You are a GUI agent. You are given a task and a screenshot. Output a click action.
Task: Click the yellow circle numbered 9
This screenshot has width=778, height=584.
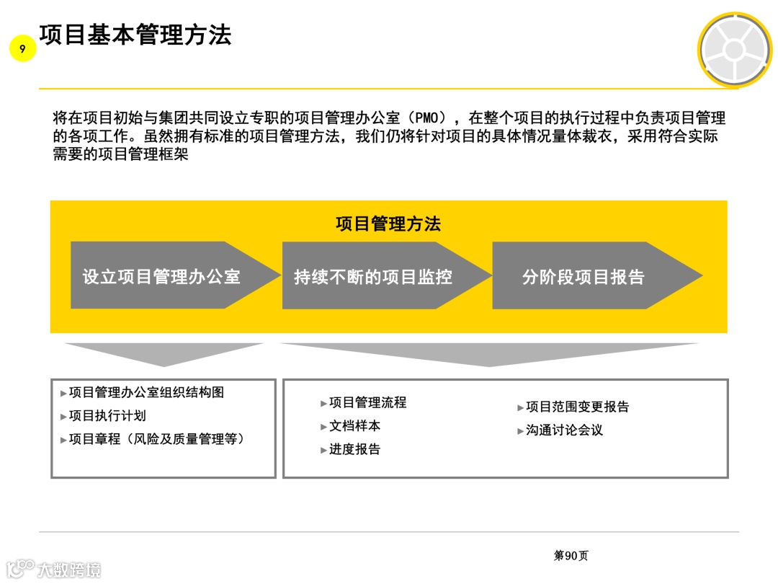(22, 49)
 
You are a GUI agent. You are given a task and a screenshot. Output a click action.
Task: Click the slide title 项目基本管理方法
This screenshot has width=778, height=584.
(135, 34)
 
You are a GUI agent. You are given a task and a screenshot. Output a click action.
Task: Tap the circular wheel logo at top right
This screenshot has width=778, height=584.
(733, 50)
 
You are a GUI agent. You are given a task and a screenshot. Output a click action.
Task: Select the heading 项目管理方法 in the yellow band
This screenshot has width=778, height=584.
(388, 224)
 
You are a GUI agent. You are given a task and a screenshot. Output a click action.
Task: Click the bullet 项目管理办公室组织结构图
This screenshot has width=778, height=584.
(146, 392)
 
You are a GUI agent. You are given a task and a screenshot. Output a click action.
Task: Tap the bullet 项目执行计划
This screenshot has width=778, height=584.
(107, 415)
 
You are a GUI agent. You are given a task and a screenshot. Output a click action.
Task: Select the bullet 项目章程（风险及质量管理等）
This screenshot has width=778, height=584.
(156, 438)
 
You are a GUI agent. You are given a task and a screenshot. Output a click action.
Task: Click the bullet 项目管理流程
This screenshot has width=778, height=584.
(367, 402)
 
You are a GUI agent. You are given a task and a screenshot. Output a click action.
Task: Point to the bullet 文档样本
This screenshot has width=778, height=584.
(354, 426)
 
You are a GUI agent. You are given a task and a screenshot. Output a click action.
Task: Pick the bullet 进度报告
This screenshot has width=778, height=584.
(354, 449)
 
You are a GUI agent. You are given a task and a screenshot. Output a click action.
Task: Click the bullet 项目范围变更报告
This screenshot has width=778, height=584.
(577, 407)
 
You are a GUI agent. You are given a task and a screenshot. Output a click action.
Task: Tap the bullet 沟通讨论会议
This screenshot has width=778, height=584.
(564, 430)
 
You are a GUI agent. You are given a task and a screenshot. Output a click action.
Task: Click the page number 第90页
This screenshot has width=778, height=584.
(571, 555)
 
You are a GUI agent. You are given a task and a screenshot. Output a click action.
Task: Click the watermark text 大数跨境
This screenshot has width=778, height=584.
(68, 570)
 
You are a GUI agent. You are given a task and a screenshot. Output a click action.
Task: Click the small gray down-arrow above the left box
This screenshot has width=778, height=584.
(164, 353)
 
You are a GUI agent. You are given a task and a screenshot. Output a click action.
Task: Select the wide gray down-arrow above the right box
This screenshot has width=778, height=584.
(490, 354)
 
